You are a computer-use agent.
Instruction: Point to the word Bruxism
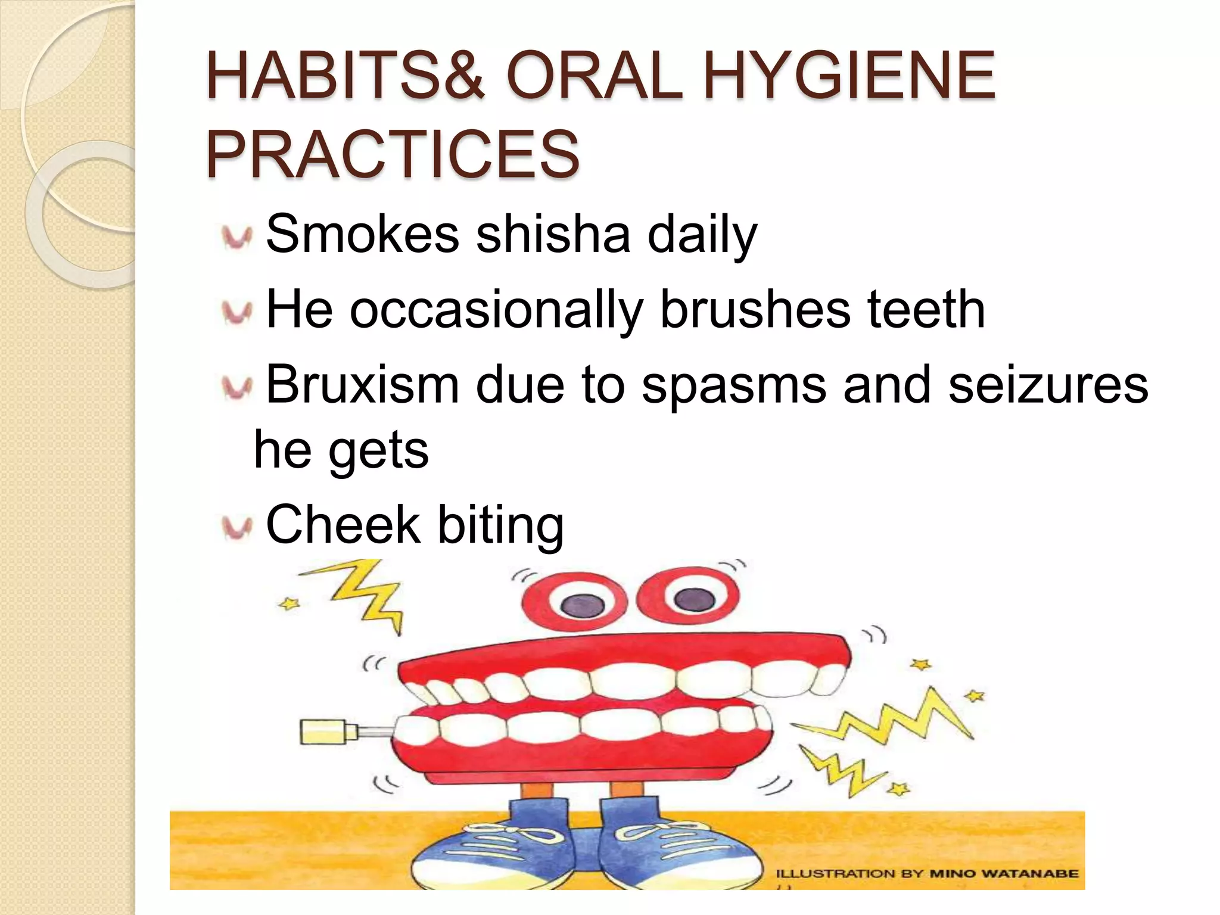pos(362,385)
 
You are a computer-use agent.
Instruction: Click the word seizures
pos(1048,385)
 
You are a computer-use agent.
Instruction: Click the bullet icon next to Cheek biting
pos(237,527)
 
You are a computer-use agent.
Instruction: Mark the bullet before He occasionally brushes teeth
pos(237,312)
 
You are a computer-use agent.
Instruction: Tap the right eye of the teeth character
pos(688,596)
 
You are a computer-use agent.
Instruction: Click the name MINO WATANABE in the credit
pos(1004,874)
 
